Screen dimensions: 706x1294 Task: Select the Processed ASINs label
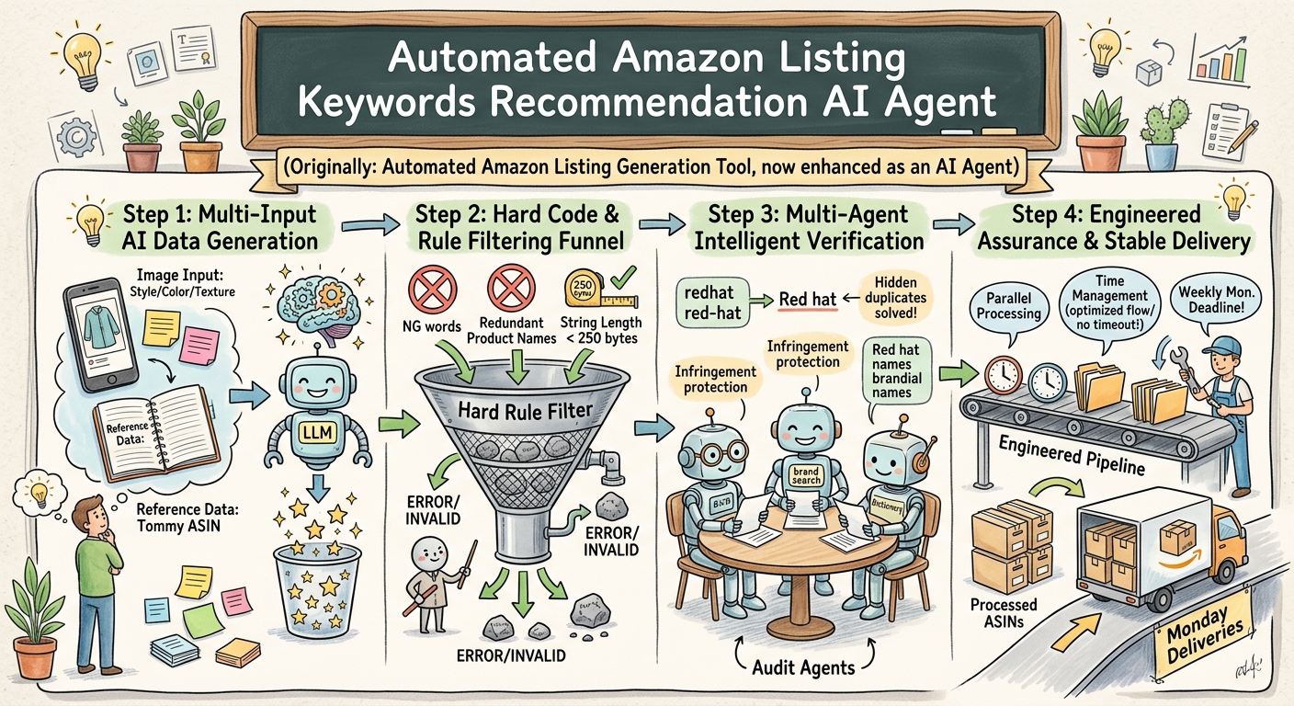[x=1004, y=612]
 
